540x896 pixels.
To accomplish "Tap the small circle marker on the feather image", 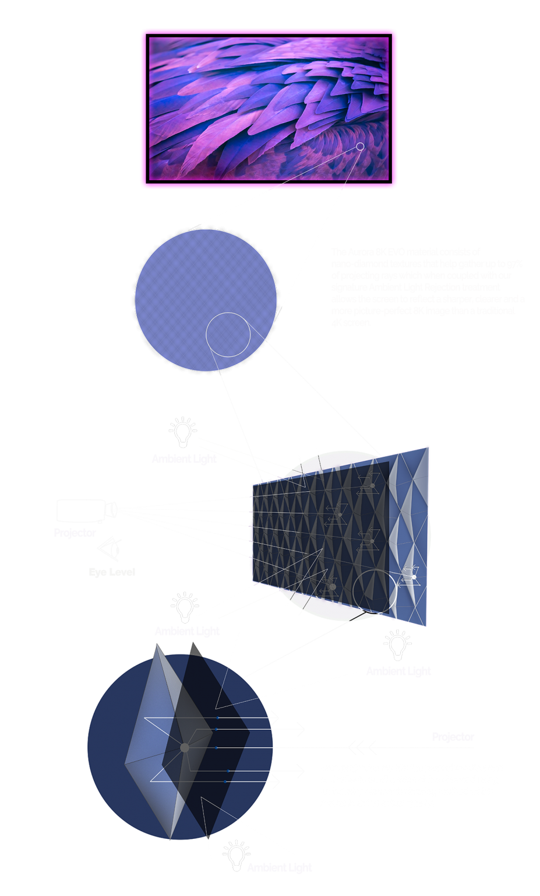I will pyautogui.click(x=360, y=146).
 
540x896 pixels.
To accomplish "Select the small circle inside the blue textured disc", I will pyautogui.click(x=228, y=335).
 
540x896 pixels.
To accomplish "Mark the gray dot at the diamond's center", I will pyautogui.click(x=185, y=747).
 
